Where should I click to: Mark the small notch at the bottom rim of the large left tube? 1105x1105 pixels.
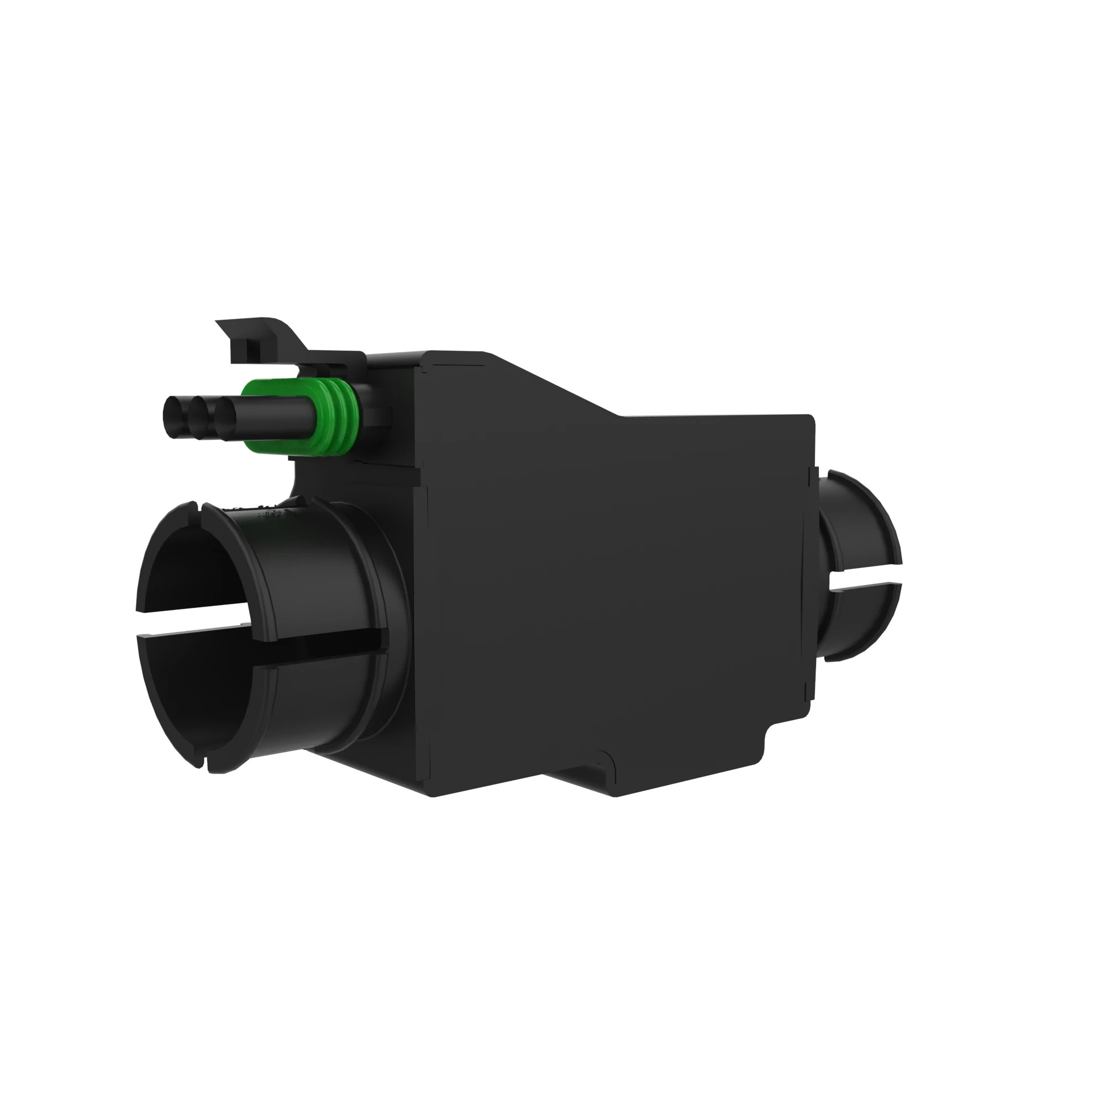[205, 763]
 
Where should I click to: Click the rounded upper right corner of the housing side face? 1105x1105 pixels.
[808, 420]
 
